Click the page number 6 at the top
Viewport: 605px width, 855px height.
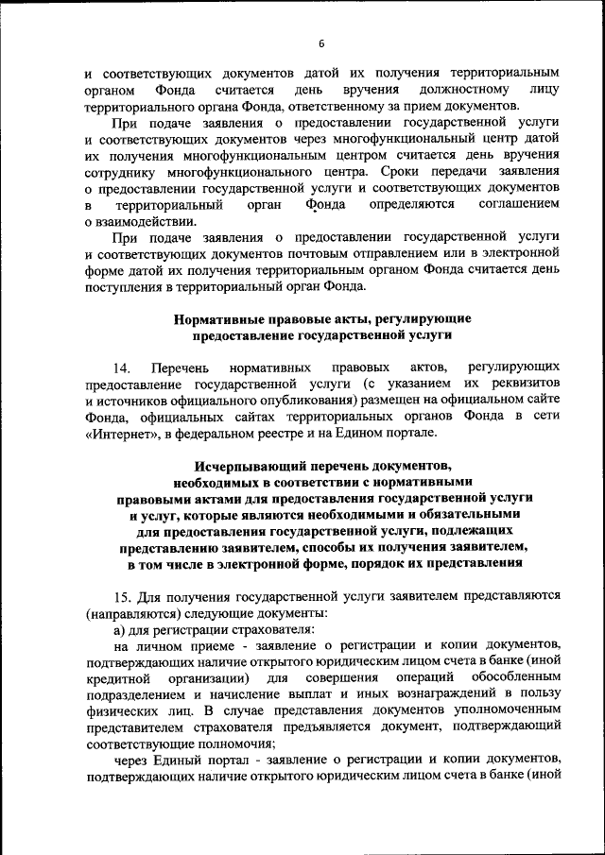320,43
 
